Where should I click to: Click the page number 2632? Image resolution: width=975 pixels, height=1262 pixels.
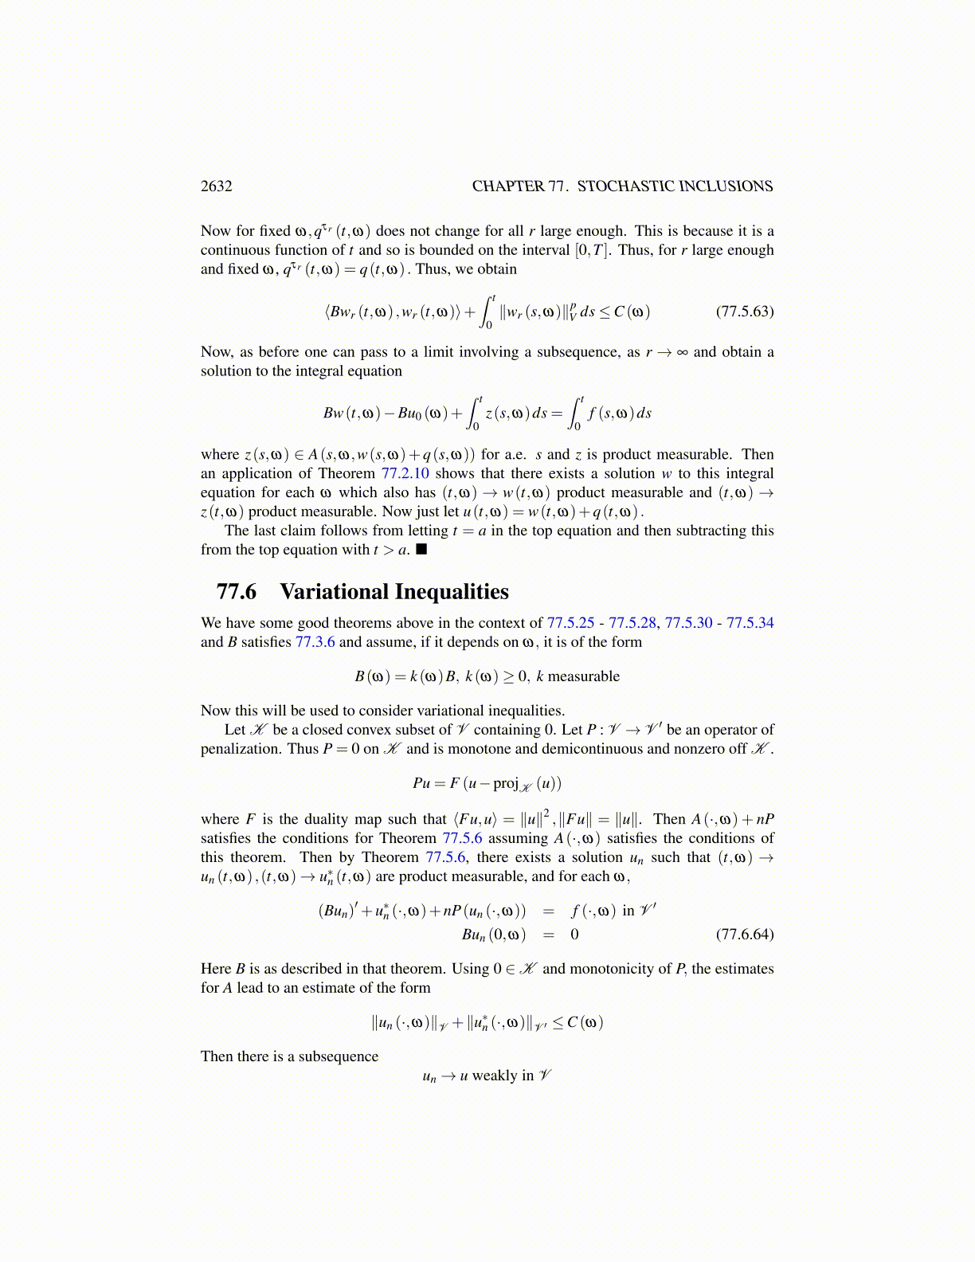(x=216, y=186)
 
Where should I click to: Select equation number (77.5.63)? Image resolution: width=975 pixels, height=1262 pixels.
(x=744, y=312)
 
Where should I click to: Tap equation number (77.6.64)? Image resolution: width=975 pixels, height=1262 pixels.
(x=744, y=934)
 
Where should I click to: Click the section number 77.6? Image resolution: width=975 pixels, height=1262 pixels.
(x=237, y=592)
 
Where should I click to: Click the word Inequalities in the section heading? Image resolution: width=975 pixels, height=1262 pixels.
(x=451, y=592)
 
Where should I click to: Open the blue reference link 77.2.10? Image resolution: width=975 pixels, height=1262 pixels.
(x=405, y=473)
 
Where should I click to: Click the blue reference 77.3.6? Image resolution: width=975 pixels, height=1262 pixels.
(x=315, y=642)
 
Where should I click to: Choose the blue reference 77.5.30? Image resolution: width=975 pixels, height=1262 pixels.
(x=688, y=623)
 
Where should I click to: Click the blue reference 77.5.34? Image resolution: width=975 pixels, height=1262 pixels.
(x=750, y=623)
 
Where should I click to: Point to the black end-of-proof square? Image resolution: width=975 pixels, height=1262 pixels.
(x=422, y=550)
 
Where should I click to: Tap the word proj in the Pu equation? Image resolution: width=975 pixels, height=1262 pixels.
(x=505, y=783)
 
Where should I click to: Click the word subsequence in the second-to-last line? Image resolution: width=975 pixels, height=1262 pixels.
(x=339, y=1056)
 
